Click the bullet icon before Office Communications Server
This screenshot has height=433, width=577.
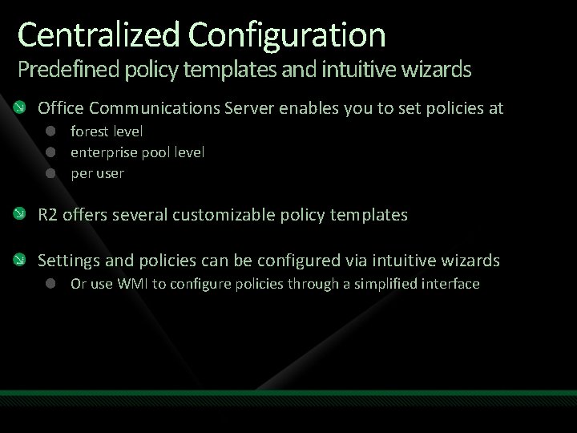[26, 107]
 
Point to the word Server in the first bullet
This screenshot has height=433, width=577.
[254, 107]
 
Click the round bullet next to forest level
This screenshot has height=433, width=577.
[50, 130]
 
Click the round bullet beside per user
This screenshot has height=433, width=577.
[50, 172]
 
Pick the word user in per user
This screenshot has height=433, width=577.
[110, 173]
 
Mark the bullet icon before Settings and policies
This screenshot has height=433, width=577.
[26, 260]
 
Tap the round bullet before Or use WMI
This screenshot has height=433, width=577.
[50, 283]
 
